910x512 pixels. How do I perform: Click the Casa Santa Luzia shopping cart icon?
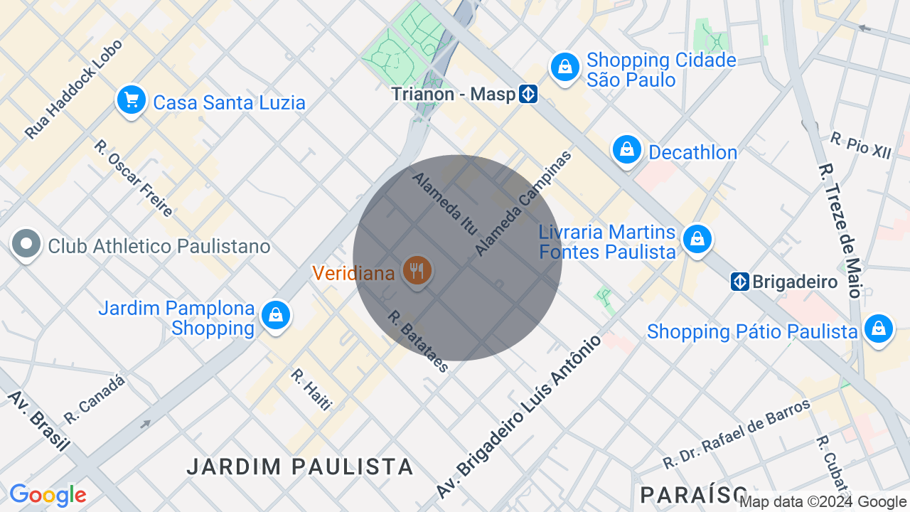click(x=132, y=100)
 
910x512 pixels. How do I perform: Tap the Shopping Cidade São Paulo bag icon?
click(x=565, y=68)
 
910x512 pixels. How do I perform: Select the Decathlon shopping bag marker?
click(x=627, y=150)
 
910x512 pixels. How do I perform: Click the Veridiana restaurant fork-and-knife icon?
click(x=417, y=271)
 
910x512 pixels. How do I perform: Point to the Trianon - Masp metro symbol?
click(x=528, y=94)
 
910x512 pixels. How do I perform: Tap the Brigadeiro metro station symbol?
click(x=740, y=282)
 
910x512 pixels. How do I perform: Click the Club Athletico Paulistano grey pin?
click(x=26, y=244)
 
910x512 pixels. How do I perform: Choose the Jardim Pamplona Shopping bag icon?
click(x=275, y=314)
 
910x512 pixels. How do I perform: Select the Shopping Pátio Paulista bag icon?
click(x=879, y=329)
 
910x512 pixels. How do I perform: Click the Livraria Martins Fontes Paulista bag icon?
click(x=697, y=240)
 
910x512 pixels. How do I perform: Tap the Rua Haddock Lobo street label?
click(x=74, y=89)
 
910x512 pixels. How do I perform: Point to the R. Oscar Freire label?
click(x=133, y=178)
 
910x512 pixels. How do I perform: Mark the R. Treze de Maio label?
click(x=840, y=231)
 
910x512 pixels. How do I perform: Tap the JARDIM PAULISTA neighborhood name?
click(x=300, y=466)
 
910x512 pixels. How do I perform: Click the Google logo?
click(x=48, y=495)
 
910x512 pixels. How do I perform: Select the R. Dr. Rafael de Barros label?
click(x=737, y=434)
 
